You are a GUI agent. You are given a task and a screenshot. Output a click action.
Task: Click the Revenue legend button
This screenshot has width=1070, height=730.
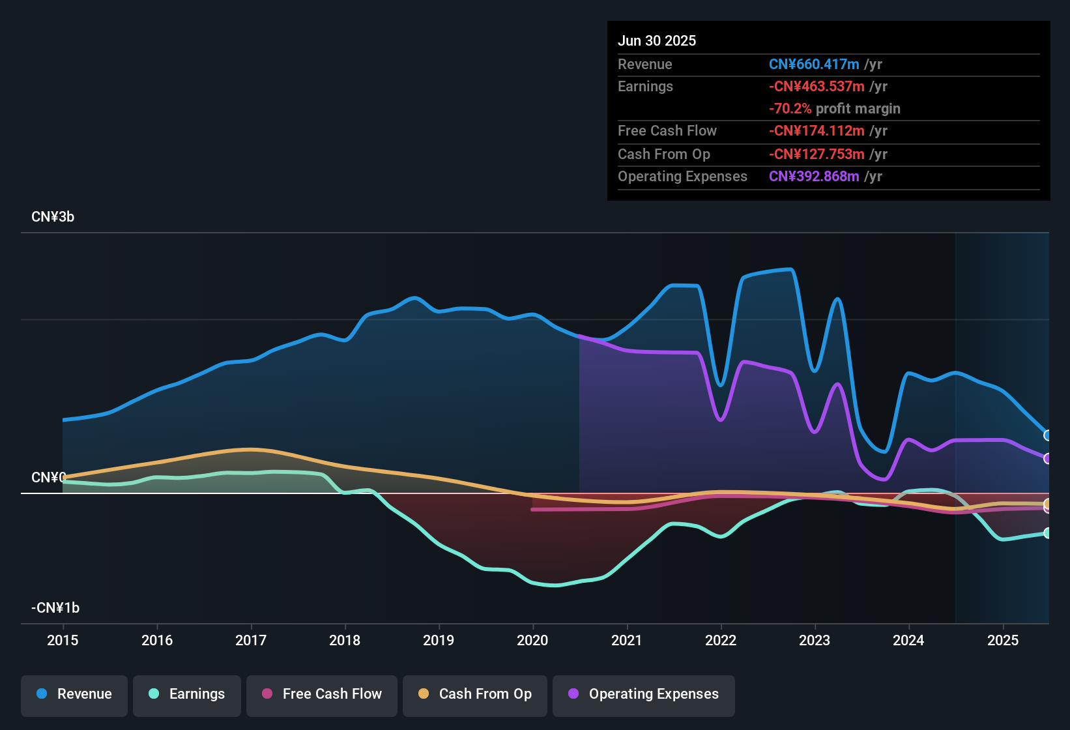[x=74, y=694]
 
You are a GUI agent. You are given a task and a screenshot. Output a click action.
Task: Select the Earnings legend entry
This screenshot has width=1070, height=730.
[x=187, y=694]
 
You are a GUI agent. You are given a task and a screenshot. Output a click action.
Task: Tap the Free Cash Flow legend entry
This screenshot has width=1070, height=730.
[x=322, y=694]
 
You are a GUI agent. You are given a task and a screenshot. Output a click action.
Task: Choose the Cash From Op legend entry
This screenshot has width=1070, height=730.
[x=475, y=694]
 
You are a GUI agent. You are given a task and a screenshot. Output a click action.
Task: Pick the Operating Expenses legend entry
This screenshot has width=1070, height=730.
[x=644, y=694]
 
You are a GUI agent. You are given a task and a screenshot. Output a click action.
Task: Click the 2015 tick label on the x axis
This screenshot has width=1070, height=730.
[x=63, y=640]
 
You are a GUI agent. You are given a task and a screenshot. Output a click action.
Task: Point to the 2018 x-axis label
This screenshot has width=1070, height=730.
[x=345, y=640]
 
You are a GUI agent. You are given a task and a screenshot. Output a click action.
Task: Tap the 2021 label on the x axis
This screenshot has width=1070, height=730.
[x=627, y=640]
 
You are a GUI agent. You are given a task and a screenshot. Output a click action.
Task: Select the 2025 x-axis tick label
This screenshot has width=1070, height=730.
[x=1003, y=640]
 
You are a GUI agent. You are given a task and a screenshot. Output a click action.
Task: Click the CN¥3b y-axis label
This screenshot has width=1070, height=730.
[x=53, y=217]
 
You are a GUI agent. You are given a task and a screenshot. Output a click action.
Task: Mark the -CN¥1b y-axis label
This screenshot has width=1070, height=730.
[x=55, y=608]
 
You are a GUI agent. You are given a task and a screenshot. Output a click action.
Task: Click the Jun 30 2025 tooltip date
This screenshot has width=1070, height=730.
[x=657, y=40]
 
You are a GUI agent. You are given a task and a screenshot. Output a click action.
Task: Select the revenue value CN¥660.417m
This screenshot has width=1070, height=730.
[x=814, y=64]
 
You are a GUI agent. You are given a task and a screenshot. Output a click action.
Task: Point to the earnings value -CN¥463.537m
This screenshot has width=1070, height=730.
[x=817, y=86]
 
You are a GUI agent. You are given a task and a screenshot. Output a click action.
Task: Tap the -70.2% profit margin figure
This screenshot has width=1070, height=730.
[x=790, y=108]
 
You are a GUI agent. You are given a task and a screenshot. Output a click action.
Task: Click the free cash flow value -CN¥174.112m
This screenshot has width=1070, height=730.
[x=817, y=130]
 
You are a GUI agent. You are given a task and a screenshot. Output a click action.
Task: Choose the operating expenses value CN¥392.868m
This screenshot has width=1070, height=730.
[x=814, y=176]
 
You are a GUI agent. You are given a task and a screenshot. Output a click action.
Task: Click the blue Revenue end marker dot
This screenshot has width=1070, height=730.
[x=1048, y=435]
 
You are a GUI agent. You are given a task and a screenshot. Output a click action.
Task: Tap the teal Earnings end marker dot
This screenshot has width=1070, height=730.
[x=1048, y=533]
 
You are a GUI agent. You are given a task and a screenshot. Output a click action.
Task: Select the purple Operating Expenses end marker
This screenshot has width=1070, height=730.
[x=1048, y=459]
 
